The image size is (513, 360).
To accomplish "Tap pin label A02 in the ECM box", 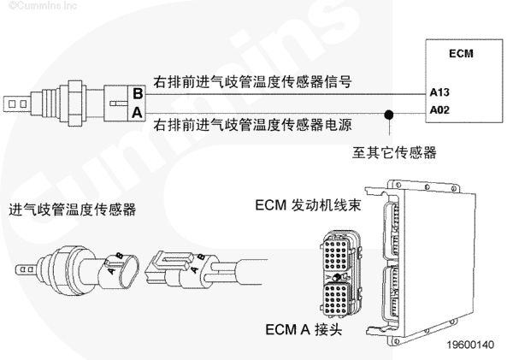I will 439,109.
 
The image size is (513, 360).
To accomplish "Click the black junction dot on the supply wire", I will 389,111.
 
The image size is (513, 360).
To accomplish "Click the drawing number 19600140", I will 469,345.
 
